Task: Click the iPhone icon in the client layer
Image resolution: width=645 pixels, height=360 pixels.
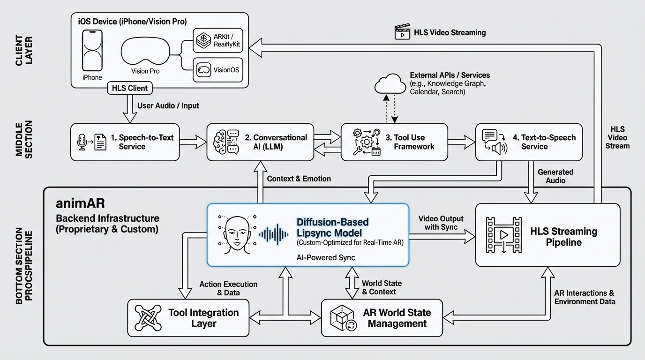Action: point(92,51)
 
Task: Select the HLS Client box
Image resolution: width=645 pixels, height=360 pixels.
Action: point(130,88)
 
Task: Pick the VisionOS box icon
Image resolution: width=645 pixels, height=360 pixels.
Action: point(204,70)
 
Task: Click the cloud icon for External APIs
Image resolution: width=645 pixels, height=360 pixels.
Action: point(390,84)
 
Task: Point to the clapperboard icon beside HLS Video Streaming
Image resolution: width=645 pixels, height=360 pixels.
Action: point(402,32)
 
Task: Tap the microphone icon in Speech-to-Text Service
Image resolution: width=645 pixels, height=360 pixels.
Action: point(82,142)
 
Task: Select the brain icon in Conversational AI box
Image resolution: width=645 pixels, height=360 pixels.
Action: point(221,142)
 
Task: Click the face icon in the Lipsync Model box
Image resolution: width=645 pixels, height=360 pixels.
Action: point(236,235)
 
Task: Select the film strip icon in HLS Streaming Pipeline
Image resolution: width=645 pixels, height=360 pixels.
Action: point(503,235)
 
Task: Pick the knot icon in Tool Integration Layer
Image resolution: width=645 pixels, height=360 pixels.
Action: point(148,318)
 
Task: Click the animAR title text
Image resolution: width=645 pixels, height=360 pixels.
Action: point(80,203)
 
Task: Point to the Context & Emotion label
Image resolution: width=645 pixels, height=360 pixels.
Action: point(299,179)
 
